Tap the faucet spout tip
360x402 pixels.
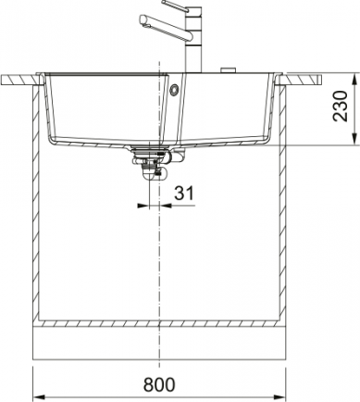[x=143, y=19]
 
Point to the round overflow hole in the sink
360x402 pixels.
[x=174, y=90]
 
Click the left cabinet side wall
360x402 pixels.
[x=37, y=204]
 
